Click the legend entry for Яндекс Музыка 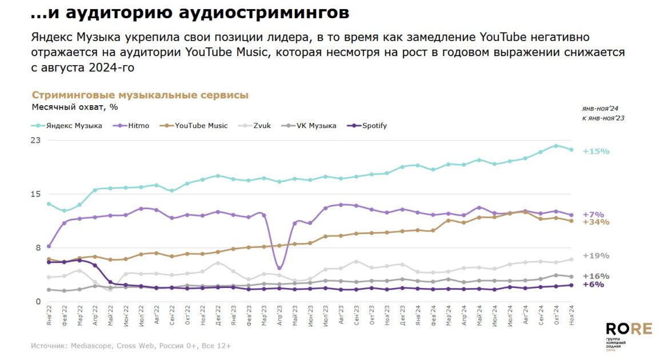pos(74,126)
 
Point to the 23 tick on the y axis pos(36,141)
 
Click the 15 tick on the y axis pos(36,194)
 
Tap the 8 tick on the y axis pos(38,248)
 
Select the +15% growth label pos(596,151)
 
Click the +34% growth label pos(596,222)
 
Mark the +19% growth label pos(596,256)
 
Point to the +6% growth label pos(594,285)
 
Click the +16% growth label pos(596,276)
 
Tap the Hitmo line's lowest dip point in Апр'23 pos(279,268)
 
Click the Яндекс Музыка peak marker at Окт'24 pos(556,146)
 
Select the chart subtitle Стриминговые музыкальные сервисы pos(140,95)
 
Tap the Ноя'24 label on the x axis pos(571,316)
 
